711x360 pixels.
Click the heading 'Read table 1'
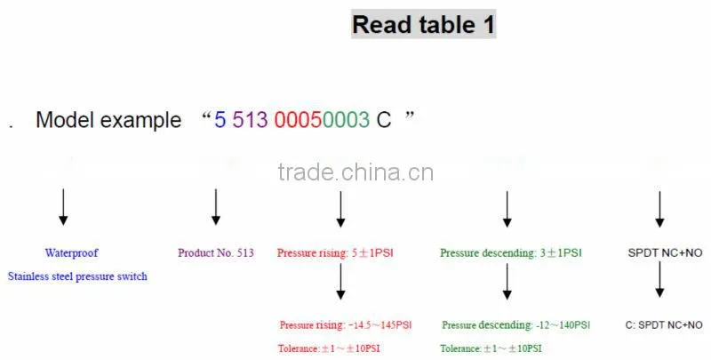point(423,25)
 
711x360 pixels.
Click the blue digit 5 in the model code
point(220,120)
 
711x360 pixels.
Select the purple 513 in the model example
point(250,120)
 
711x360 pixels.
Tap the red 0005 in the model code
point(298,120)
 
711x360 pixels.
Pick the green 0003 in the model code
point(346,120)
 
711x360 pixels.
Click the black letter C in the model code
point(384,120)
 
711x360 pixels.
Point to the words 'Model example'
point(108,120)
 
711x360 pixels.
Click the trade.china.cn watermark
point(355,172)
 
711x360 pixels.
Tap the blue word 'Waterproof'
point(71,253)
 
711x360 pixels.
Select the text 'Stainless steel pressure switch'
point(77,276)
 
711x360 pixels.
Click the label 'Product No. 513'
point(216,253)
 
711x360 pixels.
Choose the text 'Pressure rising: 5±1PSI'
point(335,253)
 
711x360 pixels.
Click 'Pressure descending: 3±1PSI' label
point(510,253)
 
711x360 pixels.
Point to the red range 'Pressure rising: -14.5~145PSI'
point(346,325)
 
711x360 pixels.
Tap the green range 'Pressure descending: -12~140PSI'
point(516,325)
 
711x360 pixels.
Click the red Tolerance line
point(329,348)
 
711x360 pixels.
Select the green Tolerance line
point(491,348)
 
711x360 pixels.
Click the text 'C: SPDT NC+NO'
point(664,325)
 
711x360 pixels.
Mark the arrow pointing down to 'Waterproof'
point(63,207)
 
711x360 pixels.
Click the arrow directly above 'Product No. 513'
point(216,207)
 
